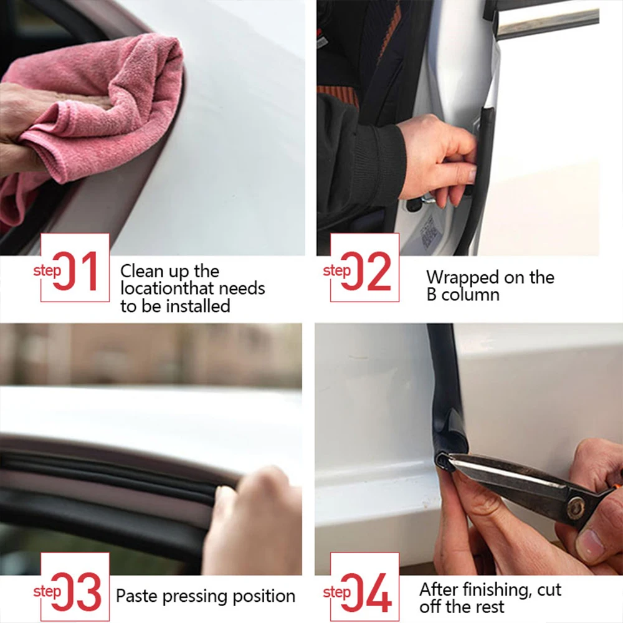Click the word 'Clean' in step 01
(x=141, y=272)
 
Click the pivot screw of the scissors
(x=577, y=508)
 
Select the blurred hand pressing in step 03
(x=255, y=517)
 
